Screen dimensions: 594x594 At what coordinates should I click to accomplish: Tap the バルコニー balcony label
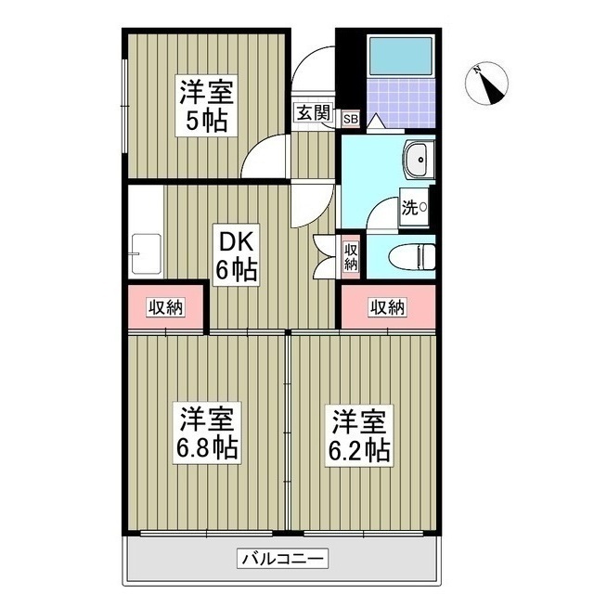point(281,559)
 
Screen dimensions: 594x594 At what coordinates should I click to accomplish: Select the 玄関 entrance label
point(313,114)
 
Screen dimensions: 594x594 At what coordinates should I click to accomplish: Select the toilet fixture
point(412,252)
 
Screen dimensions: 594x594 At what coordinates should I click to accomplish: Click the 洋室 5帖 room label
point(204,107)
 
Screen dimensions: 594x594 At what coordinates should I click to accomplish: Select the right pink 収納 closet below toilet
point(387,307)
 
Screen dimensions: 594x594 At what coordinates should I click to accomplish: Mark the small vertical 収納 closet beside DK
point(350,254)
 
